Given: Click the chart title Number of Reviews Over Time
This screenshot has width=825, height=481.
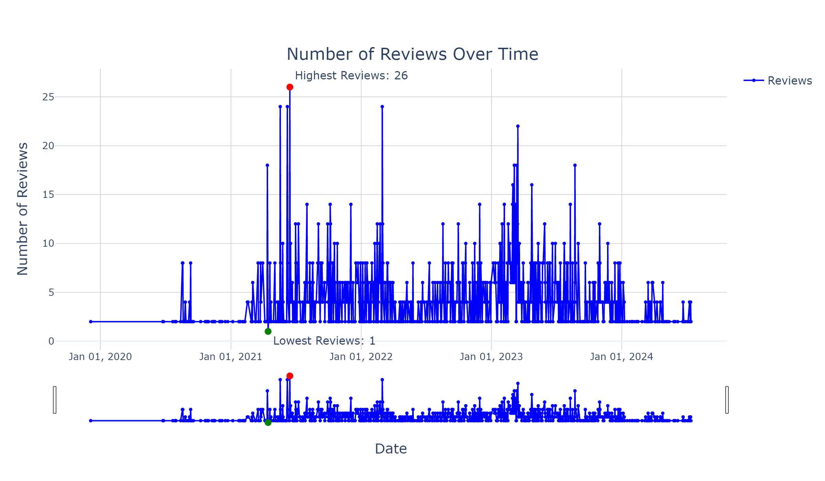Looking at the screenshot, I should pyautogui.click(x=412, y=54).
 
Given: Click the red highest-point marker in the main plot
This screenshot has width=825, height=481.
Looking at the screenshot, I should pyautogui.click(x=290, y=87).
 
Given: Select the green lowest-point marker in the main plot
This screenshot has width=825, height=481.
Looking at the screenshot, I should pyautogui.click(x=268, y=332).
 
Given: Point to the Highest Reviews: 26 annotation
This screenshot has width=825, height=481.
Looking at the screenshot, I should pyautogui.click(x=351, y=76).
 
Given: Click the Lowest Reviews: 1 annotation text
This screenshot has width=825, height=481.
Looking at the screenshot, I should pyautogui.click(x=324, y=341).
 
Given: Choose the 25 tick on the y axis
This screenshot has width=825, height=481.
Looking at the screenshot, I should pyautogui.click(x=48, y=97).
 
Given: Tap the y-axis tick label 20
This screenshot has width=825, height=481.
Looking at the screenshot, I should pyautogui.click(x=48, y=146).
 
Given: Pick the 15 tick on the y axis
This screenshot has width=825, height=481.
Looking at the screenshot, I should pyautogui.click(x=48, y=195).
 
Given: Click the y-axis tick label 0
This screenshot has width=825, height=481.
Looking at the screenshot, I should pyautogui.click(x=51, y=341).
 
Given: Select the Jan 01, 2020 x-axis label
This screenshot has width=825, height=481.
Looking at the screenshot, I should pyautogui.click(x=100, y=357).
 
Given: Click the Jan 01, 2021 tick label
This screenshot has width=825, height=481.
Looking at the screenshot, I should pyautogui.click(x=231, y=357).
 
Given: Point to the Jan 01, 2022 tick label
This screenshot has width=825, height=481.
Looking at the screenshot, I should pyautogui.click(x=361, y=357).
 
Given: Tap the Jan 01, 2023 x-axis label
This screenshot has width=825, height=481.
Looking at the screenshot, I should pyautogui.click(x=491, y=357).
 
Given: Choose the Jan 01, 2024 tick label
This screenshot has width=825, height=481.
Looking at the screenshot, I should pyautogui.click(x=621, y=357).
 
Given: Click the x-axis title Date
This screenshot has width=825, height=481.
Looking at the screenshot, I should pyautogui.click(x=391, y=449).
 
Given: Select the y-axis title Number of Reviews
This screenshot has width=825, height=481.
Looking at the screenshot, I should pyautogui.click(x=23, y=209).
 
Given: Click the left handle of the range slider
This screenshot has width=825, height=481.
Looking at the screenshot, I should pyautogui.click(x=55, y=400).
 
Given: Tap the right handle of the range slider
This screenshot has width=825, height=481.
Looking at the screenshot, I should pyautogui.click(x=727, y=400).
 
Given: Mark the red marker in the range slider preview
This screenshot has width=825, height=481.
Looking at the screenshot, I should pyautogui.click(x=290, y=376).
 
